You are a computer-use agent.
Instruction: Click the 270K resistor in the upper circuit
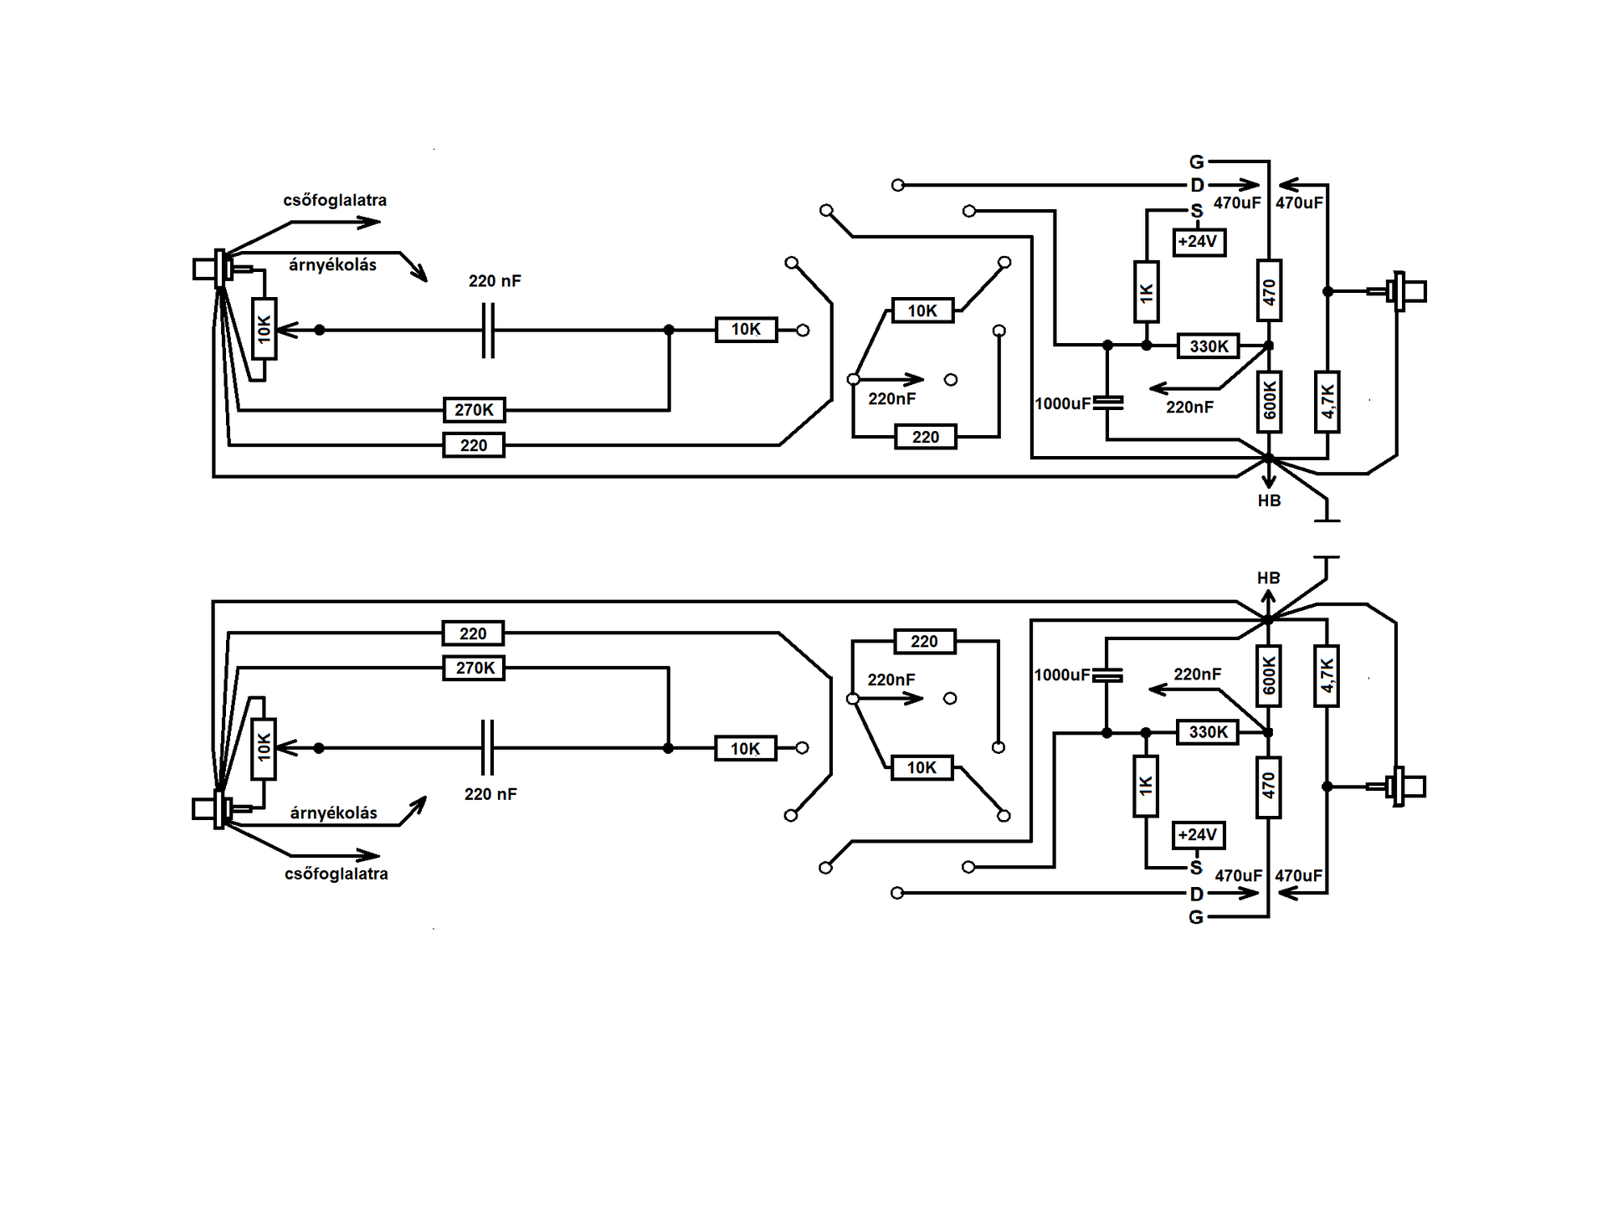(474, 410)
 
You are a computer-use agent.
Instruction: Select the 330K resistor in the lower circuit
(1208, 732)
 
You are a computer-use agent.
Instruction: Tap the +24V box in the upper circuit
(1199, 242)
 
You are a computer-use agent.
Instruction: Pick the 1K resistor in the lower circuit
(1146, 787)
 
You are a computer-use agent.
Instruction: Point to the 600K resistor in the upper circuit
(1269, 402)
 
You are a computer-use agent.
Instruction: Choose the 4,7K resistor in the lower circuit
(1327, 676)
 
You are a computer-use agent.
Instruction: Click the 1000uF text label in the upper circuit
(1062, 403)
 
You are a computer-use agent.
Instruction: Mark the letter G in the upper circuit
(1197, 162)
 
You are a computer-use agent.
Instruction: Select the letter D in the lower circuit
(1197, 894)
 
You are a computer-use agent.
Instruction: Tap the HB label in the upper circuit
(1269, 500)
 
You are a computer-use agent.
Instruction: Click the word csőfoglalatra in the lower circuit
(336, 874)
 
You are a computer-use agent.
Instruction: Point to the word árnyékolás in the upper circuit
(332, 265)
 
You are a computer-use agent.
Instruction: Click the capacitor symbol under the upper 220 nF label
(489, 331)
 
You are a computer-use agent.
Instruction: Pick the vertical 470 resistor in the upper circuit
(1269, 291)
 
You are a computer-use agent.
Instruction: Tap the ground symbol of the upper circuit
(1327, 510)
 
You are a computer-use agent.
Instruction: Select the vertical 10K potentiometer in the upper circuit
(264, 329)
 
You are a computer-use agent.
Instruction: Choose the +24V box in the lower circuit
(1199, 835)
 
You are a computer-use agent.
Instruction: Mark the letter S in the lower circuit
(1196, 868)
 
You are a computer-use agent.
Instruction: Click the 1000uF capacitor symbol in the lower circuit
(1106, 675)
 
